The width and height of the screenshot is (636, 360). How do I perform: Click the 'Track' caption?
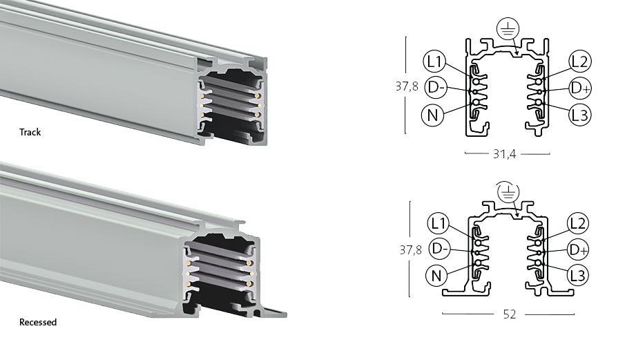pyautogui.click(x=30, y=132)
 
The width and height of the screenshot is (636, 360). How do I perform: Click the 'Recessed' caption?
pyautogui.click(x=38, y=322)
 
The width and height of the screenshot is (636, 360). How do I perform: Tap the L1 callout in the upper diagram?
pyautogui.click(x=434, y=61)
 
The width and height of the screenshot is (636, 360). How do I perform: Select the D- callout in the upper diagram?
pyautogui.click(x=436, y=88)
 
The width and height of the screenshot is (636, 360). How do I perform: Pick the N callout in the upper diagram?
pyautogui.click(x=433, y=115)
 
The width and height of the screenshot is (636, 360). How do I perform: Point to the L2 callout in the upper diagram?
pyautogui.click(x=579, y=61)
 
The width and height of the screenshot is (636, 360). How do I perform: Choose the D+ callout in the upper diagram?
pyautogui.click(x=580, y=88)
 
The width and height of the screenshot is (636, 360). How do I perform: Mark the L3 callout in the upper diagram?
pyautogui.click(x=579, y=115)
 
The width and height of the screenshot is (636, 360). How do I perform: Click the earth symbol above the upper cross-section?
pyautogui.click(x=508, y=28)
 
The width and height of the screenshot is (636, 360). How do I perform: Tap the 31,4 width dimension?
pyautogui.click(x=505, y=154)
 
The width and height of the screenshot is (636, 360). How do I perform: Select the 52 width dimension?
pyautogui.click(x=510, y=314)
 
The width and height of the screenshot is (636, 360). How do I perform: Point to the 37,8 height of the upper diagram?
pyautogui.click(x=407, y=86)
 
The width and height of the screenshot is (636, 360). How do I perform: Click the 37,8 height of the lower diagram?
pyautogui.click(x=411, y=249)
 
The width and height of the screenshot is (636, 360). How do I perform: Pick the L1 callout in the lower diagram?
pyautogui.click(x=439, y=223)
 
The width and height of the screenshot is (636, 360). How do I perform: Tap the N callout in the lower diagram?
pyautogui.click(x=436, y=276)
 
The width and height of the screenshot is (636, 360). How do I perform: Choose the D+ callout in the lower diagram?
pyautogui.click(x=578, y=249)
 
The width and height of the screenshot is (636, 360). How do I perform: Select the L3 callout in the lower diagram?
pyautogui.click(x=577, y=276)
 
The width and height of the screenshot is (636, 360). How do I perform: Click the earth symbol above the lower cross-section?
pyautogui.click(x=508, y=192)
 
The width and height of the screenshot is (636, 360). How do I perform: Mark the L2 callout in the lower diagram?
pyautogui.click(x=577, y=223)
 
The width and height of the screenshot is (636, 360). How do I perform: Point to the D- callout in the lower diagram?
pyautogui.click(x=440, y=249)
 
